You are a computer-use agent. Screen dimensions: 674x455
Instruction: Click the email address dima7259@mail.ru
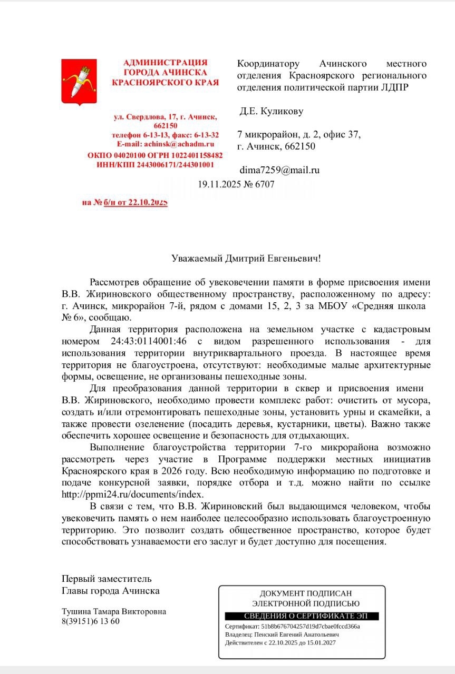(x=279, y=170)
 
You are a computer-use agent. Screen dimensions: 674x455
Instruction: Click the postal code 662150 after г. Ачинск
(x=299, y=146)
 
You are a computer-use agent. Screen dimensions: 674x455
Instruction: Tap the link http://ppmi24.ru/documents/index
(x=132, y=494)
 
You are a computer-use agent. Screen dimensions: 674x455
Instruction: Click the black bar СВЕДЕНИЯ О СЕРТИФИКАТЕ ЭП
(x=302, y=616)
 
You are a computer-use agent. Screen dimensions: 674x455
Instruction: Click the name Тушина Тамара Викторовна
(x=114, y=611)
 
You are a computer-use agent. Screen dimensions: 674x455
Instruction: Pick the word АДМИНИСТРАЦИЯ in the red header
(x=165, y=63)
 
